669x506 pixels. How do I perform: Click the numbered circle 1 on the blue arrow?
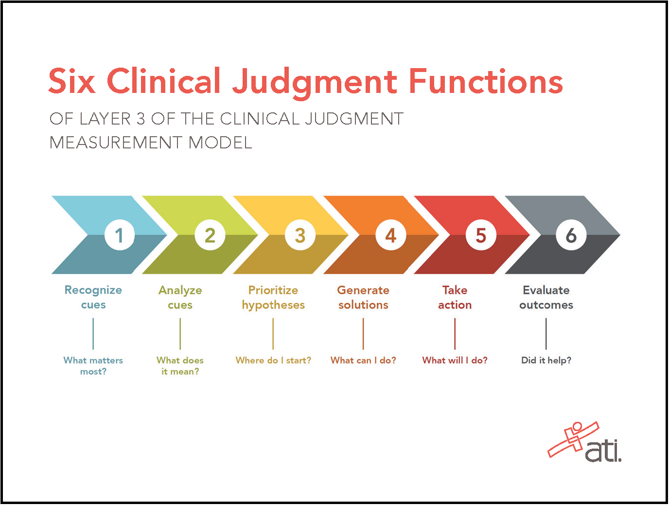coord(119,235)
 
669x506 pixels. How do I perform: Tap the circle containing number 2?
coord(210,235)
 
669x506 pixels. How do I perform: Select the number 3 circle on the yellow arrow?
coord(300,235)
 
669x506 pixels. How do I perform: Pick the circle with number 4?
coord(390,235)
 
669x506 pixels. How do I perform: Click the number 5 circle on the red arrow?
coord(481,235)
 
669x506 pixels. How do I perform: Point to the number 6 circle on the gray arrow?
coord(571,235)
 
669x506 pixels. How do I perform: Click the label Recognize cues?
coord(93,297)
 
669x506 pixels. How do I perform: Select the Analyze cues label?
coord(180,297)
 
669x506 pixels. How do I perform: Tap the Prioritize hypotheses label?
coord(273,297)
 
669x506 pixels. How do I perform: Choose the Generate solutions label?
coord(363,297)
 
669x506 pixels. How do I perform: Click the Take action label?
coord(455,297)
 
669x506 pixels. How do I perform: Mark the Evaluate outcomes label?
coord(546,297)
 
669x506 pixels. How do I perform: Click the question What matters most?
coord(93,365)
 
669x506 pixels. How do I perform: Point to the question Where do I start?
coord(273,360)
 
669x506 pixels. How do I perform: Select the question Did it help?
coord(546,360)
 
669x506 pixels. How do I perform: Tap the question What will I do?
coord(455,360)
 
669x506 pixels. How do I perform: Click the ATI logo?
coord(585,443)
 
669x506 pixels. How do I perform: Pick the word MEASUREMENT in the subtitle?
coord(116,143)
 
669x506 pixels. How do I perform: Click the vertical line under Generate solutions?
coord(363,334)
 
